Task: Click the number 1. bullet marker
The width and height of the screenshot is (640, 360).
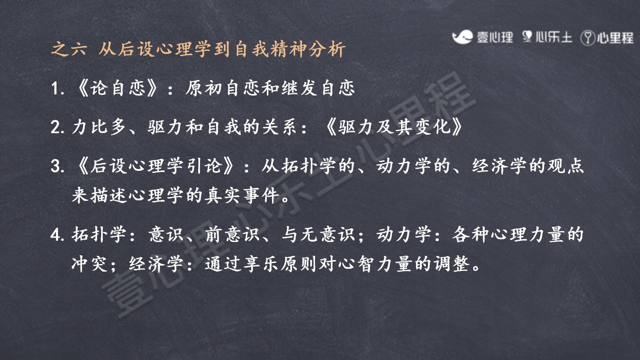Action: pos(58,88)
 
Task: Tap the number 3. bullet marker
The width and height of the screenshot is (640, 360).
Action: pos(58,166)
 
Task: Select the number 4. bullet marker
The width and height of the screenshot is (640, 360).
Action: pos(58,235)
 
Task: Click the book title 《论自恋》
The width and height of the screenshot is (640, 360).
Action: pos(118,88)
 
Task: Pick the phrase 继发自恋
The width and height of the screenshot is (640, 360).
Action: pos(318,88)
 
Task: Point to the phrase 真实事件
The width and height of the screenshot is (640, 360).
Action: pos(242,196)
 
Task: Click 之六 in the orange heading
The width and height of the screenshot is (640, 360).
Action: pos(68,49)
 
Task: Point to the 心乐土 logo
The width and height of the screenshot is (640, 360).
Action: pos(547,37)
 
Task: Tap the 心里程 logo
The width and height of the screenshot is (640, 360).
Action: pos(607,38)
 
